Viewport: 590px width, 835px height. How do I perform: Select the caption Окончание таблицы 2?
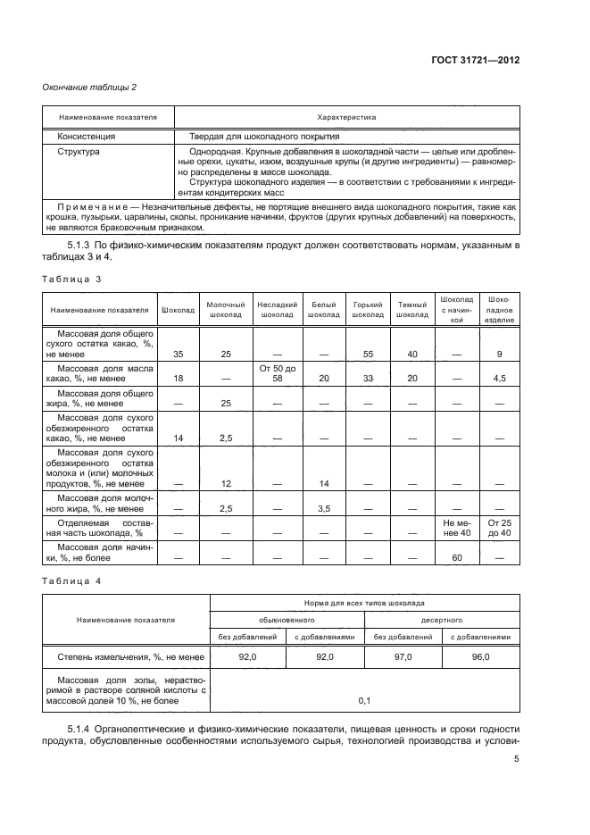[x=90, y=87]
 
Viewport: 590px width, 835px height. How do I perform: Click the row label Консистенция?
[x=87, y=137]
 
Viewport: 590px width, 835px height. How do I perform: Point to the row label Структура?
[x=79, y=152]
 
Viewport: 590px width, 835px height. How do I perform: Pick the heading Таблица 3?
[x=72, y=280]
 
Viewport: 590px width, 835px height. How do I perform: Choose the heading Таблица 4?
[x=72, y=581]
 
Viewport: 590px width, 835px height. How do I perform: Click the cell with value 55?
[x=368, y=355]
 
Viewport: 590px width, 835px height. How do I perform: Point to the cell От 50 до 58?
[x=276, y=373]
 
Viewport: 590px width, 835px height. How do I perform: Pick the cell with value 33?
[x=368, y=379]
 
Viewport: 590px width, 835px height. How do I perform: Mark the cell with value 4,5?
[x=499, y=379]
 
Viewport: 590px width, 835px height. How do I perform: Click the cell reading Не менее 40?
[x=455, y=527]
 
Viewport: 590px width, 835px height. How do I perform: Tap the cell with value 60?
[x=455, y=557]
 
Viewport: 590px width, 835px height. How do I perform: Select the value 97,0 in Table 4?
[x=403, y=657]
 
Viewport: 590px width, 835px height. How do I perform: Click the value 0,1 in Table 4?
[x=364, y=701]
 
